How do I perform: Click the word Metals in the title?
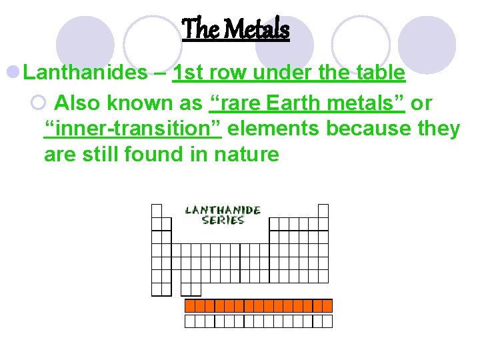coord(256,29)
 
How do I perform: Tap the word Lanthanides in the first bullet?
coord(85,72)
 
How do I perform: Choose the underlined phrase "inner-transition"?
coord(132,129)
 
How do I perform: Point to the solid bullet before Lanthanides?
coord(13,72)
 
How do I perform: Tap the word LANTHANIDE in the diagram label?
coord(223,210)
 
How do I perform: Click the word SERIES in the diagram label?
coord(223,220)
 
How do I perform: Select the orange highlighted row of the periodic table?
coord(258,306)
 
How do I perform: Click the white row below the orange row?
coord(258,321)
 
